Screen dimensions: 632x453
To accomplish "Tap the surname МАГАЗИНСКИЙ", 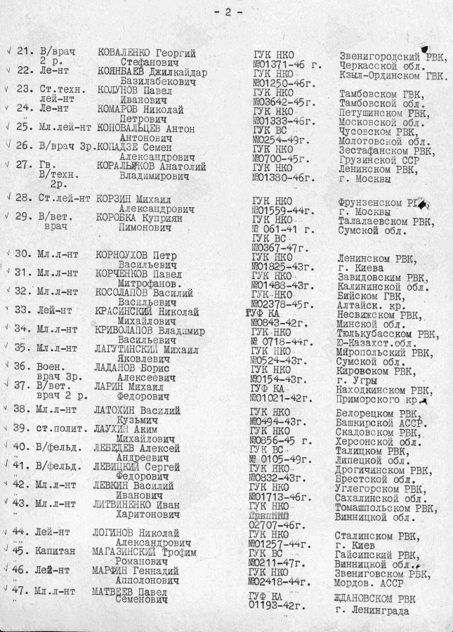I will click(x=131, y=551).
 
